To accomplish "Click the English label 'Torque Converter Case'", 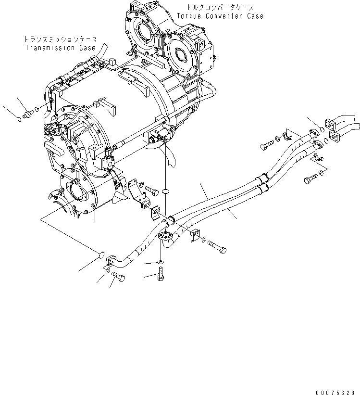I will [x=220, y=16].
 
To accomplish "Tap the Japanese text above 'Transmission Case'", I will [x=61, y=39].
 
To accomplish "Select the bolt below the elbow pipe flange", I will [x=161, y=276].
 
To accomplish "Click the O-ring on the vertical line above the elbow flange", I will [x=165, y=191].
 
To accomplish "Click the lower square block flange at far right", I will [x=335, y=139].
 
